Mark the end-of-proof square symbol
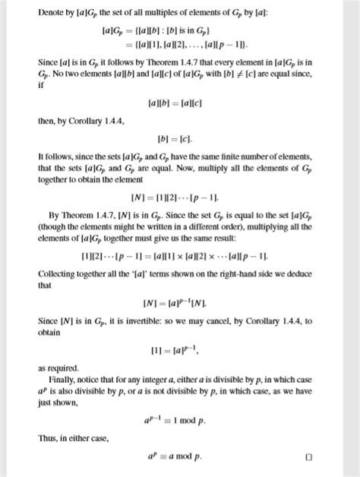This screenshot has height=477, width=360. [308, 458]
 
